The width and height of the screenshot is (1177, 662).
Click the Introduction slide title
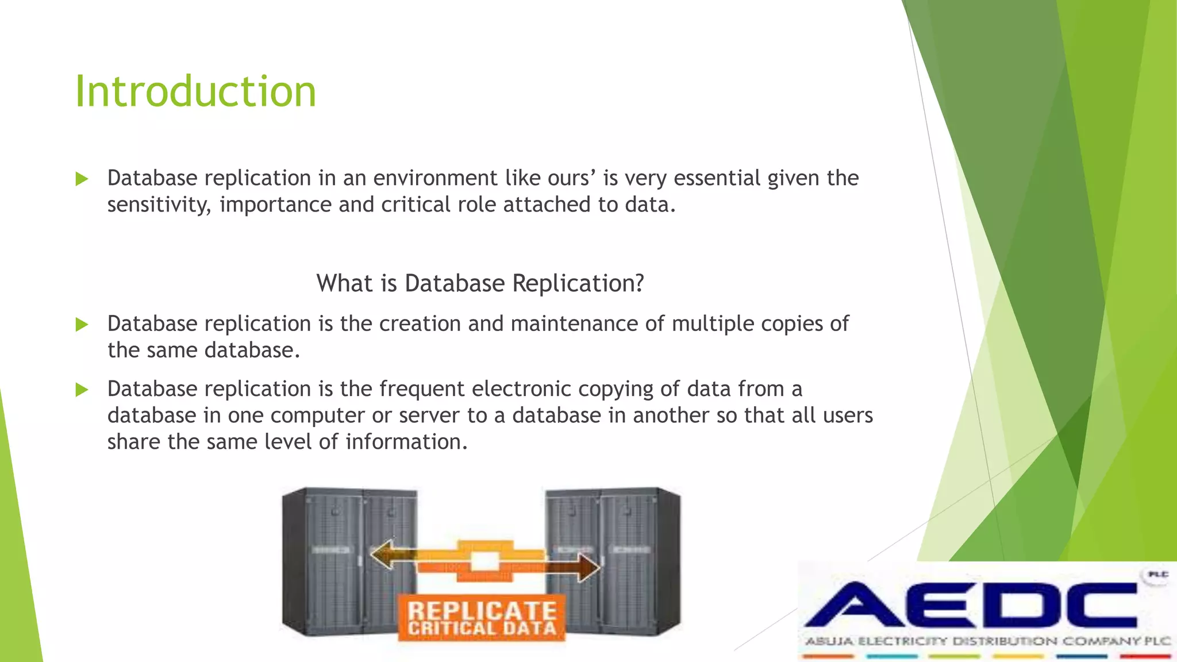tap(195, 92)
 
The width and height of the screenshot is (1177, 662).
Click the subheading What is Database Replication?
tap(480, 283)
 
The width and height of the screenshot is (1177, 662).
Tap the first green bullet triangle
tap(82, 179)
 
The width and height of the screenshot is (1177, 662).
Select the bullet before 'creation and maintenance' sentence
tap(82, 325)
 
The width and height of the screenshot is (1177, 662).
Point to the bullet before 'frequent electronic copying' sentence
tap(82, 390)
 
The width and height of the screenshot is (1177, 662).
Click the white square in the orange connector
tap(484, 561)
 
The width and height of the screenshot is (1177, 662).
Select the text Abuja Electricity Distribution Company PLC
tap(986, 641)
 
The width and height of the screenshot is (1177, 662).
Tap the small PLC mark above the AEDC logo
tap(1157, 575)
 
